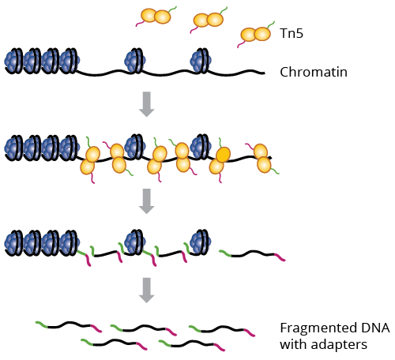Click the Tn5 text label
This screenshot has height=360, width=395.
292,33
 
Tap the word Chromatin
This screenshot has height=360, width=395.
314,72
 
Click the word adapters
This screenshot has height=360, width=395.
339,345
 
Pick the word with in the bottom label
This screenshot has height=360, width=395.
293,344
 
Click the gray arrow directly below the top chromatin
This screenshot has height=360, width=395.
147,104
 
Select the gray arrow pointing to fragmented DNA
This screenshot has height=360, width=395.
147,291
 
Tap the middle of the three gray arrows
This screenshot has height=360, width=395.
147,201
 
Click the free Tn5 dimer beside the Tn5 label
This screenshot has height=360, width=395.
255,35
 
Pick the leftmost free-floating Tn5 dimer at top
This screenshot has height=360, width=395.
156,17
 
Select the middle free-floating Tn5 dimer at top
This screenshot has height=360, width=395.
209,20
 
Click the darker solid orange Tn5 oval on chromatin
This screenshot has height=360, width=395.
224,155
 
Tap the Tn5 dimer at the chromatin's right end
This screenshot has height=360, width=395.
262,159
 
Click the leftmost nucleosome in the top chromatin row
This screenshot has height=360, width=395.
13,61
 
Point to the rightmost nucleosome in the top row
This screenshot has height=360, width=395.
201,60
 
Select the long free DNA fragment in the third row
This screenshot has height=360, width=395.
252,255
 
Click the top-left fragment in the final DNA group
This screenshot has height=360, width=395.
69,326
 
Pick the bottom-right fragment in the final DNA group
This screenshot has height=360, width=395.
192,345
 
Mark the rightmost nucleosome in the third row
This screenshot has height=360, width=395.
201,242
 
